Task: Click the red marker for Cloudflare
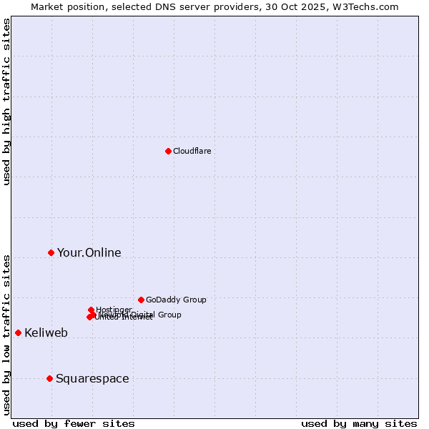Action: coord(168,151)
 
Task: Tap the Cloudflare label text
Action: coord(192,151)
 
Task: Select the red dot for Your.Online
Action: coord(51,252)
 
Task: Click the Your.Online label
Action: coord(89,252)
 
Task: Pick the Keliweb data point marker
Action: coord(18,332)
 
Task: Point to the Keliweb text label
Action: coord(46,332)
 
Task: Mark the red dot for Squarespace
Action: coord(49,378)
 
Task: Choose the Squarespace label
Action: coord(92,378)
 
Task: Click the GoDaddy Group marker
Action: coord(141,300)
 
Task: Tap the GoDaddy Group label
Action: coord(176,300)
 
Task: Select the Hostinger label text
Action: coord(114,310)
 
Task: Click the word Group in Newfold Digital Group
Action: coord(169,315)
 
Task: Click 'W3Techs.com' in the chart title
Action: coord(368,6)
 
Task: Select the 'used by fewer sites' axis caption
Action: coord(74,423)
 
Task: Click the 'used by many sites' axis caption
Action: coord(359,423)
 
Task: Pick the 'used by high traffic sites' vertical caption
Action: coord(6,102)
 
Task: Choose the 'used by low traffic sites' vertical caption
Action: coord(6,334)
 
